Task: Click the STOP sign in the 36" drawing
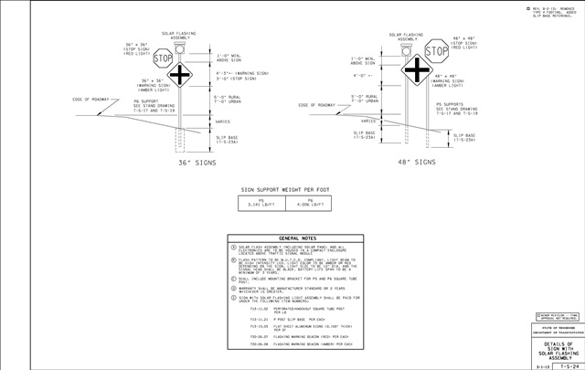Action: [x=164, y=58]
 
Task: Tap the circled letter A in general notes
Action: [x=234, y=248]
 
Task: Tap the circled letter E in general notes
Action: [x=234, y=297]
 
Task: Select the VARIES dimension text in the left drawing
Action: [x=222, y=121]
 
